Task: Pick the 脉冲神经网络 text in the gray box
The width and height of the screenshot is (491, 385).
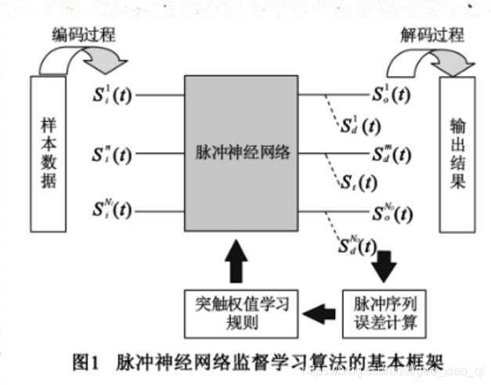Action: coord(241,153)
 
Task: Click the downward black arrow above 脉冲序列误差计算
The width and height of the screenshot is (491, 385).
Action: coord(383,266)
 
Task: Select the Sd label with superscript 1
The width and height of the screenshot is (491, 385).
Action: coord(359,124)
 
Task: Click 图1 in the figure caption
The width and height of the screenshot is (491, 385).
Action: coord(83,362)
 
